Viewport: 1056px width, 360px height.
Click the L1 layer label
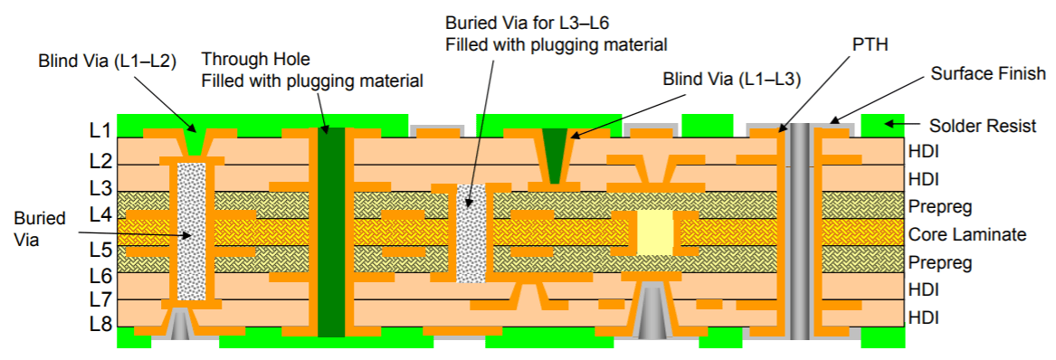pyautogui.click(x=100, y=131)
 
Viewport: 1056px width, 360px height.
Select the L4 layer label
pyautogui.click(x=100, y=216)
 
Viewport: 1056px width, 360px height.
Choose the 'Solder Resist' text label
pyautogui.click(x=982, y=126)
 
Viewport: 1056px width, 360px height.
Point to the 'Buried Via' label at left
pyautogui.click(x=39, y=228)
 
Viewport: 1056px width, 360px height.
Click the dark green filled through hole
pyautogui.click(x=332, y=232)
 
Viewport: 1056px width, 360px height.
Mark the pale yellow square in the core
pyautogui.click(x=655, y=232)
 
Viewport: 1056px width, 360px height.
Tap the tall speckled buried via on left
pyautogui.click(x=190, y=232)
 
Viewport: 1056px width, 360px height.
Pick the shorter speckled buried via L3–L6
pyautogui.click(x=471, y=232)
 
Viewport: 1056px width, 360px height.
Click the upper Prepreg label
pyautogui.click(x=939, y=207)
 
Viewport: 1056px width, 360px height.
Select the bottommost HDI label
pyautogui.click(x=923, y=317)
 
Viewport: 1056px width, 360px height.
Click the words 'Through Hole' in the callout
pyautogui.click(x=255, y=60)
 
